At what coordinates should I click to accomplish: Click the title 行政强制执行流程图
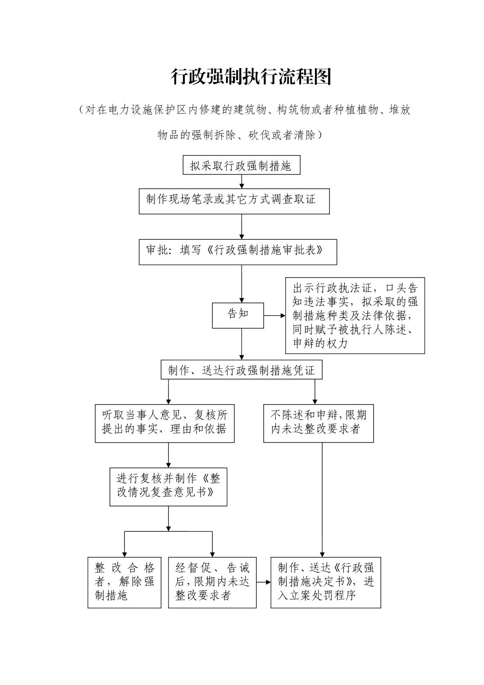pos(251,77)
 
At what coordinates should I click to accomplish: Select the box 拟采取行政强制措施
pos(241,165)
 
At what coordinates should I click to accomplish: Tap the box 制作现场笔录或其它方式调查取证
pos(234,201)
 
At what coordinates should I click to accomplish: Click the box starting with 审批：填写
pos(237,251)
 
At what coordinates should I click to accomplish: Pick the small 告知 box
pos(238,315)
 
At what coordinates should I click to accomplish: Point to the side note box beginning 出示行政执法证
pos(355,315)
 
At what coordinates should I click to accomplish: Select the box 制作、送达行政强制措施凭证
pos(242,370)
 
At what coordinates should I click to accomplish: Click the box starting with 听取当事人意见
pos(164,423)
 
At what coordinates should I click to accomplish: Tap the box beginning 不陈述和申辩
pos(318,423)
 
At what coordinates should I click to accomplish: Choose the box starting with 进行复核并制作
pos(168,486)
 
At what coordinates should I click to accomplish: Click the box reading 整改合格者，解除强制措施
pos(124,582)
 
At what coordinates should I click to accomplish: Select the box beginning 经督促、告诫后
pos(212,582)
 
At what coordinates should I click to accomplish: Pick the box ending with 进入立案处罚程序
pos(325,582)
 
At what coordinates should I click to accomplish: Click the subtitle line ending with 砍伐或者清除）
pos(240,135)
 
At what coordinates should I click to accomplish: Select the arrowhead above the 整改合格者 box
pos(124,554)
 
